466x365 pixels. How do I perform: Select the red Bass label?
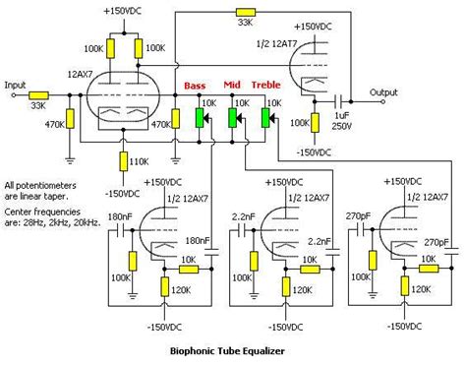click(x=195, y=86)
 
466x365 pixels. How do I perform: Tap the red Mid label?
click(x=232, y=86)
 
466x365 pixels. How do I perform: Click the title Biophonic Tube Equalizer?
click(x=233, y=349)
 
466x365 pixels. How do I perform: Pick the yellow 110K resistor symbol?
click(x=121, y=159)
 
